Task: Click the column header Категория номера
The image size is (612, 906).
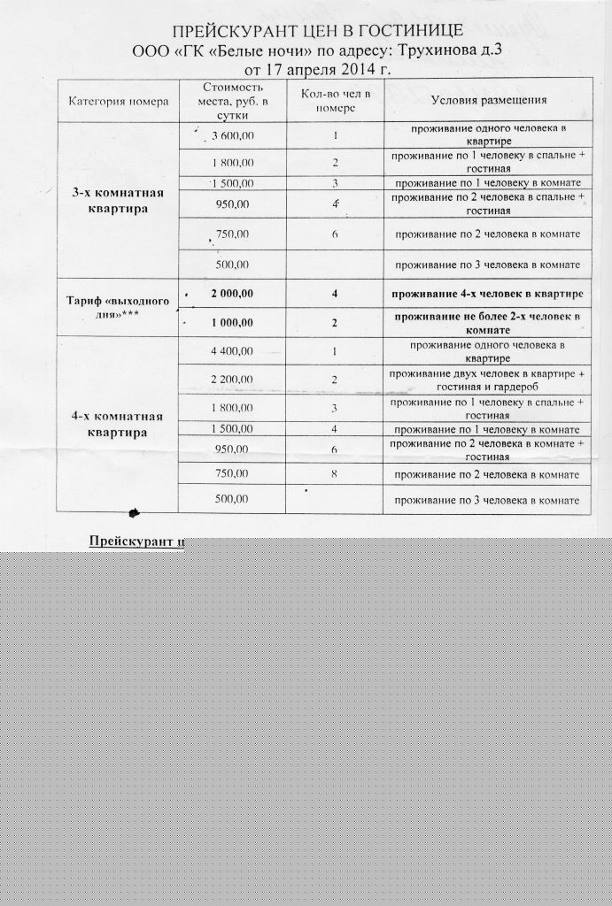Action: pyautogui.click(x=118, y=101)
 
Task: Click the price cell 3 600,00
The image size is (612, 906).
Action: pyautogui.click(x=233, y=135)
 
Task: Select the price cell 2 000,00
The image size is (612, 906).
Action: pyautogui.click(x=232, y=294)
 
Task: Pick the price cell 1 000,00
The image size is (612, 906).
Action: pyautogui.click(x=232, y=323)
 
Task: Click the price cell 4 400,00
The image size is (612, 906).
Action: pyautogui.click(x=232, y=351)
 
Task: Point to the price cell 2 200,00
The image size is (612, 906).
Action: pyautogui.click(x=232, y=380)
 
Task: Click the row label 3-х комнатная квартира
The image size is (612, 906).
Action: pyautogui.click(x=118, y=202)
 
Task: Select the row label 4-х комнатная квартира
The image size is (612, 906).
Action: pyautogui.click(x=118, y=425)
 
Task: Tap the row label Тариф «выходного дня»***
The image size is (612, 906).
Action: pyautogui.click(x=118, y=308)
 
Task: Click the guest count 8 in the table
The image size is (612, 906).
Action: pyautogui.click(x=335, y=474)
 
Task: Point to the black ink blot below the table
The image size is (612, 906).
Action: pyautogui.click(x=135, y=512)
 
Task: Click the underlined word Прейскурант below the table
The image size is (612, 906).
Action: pyautogui.click(x=133, y=541)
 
